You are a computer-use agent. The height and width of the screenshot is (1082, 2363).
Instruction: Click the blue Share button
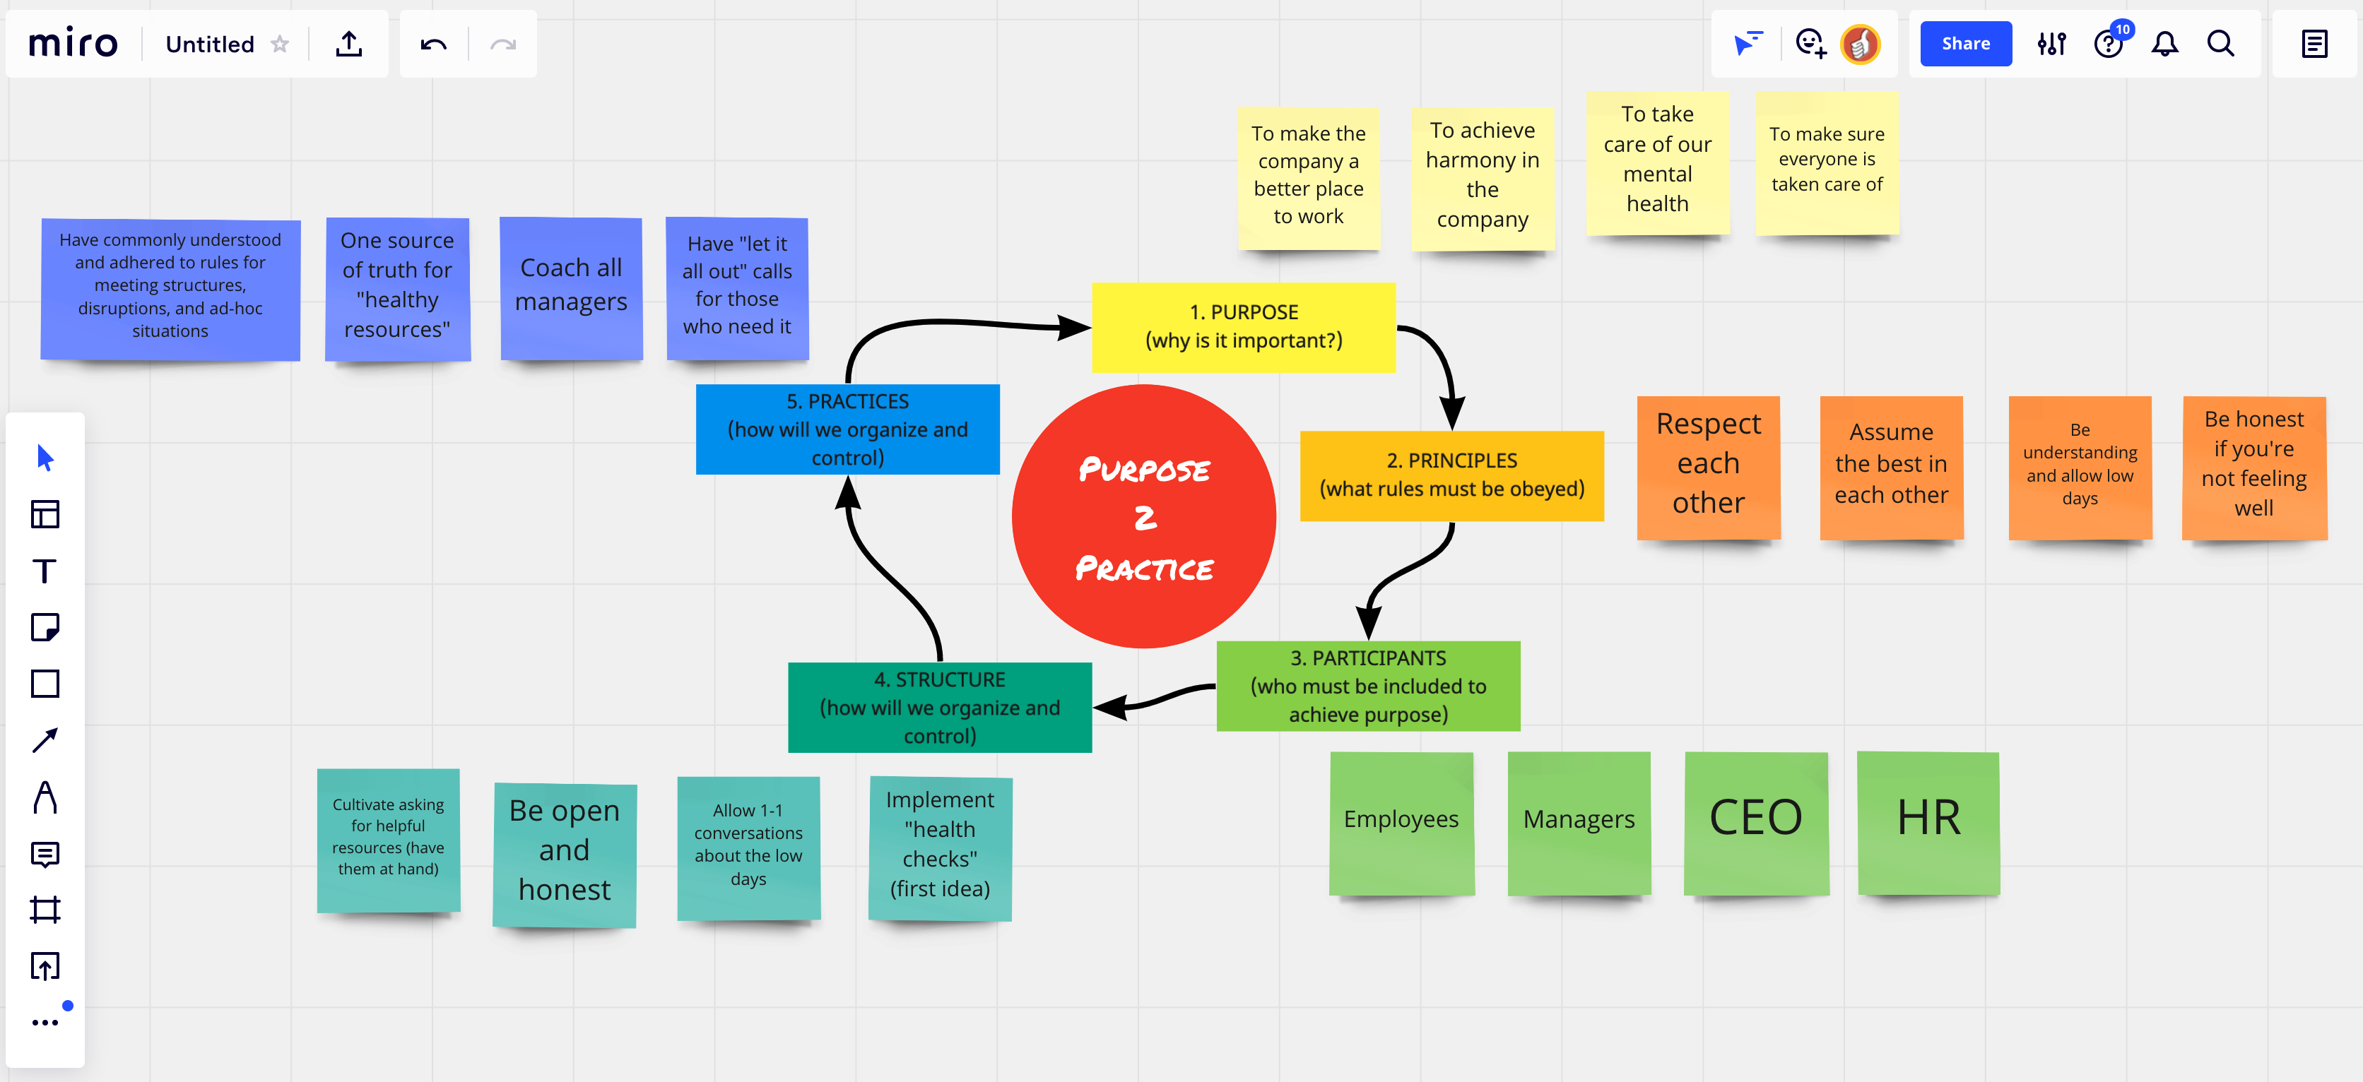pos(1965,44)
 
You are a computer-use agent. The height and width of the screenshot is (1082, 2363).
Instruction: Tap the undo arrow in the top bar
pos(433,44)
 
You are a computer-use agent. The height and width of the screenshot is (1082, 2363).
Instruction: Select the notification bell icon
pos(2165,44)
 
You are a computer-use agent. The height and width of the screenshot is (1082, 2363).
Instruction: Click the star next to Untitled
pos(280,44)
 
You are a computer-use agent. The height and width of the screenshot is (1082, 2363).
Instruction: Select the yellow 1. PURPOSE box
pos(1243,327)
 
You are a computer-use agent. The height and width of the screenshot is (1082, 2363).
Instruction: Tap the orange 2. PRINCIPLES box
pos(1451,476)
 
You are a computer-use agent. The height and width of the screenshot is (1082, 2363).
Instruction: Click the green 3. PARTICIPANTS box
pos(1368,686)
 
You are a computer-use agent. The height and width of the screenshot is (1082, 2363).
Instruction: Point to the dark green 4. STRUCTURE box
pos(939,707)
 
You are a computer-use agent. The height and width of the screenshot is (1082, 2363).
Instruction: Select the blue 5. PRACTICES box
pos(847,429)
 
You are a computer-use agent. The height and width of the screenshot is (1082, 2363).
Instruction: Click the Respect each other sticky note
pos(1708,467)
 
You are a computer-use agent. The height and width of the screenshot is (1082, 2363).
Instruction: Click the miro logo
pos(73,44)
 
